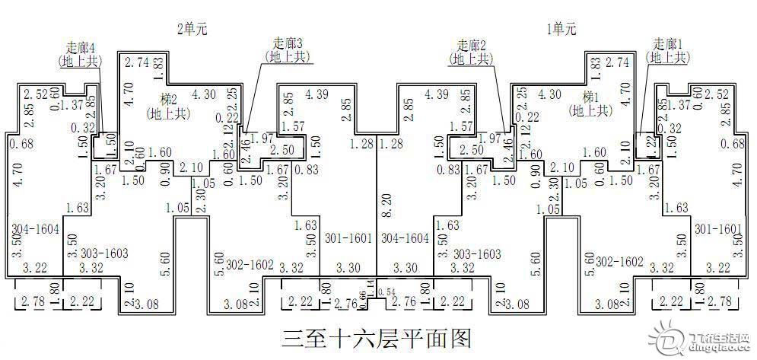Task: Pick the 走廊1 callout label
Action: [668, 44]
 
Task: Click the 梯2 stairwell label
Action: [168, 99]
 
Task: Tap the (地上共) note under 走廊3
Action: [288, 56]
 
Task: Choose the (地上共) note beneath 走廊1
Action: [668, 57]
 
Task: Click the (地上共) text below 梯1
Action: [590, 111]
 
